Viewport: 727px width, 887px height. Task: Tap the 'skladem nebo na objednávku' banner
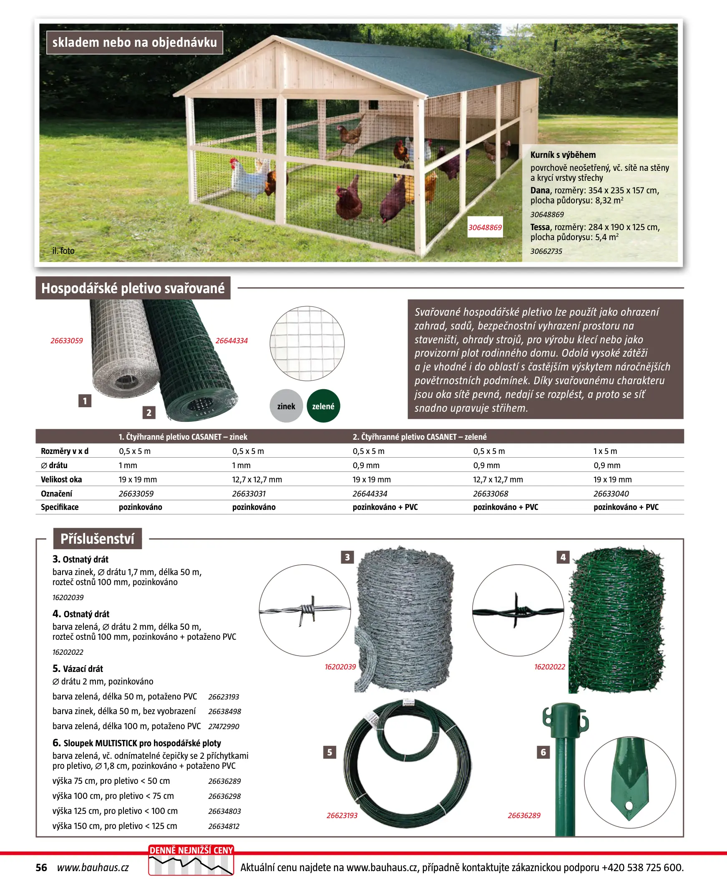(134, 42)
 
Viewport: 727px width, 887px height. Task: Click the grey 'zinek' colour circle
(286, 406)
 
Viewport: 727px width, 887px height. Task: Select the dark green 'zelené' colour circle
(323, 406)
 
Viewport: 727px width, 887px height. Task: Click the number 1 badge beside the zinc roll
(85, 401)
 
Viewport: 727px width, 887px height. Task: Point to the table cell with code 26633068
(491, 493)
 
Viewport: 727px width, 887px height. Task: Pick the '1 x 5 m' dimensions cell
(605, 451)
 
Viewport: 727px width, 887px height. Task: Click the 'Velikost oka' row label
(61, 479)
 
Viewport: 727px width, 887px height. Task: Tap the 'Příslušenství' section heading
(97, 539)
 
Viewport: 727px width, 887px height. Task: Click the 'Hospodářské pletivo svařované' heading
(133, 288)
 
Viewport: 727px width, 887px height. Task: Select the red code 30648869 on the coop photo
(485, 227)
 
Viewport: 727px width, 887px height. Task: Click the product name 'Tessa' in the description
(540, 227)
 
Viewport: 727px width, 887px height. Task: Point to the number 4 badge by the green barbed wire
(563, 557)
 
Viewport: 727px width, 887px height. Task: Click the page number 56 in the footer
(41, 867)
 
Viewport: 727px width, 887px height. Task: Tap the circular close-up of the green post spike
(629, 782)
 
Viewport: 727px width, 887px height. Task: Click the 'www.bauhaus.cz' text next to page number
(93, 867)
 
